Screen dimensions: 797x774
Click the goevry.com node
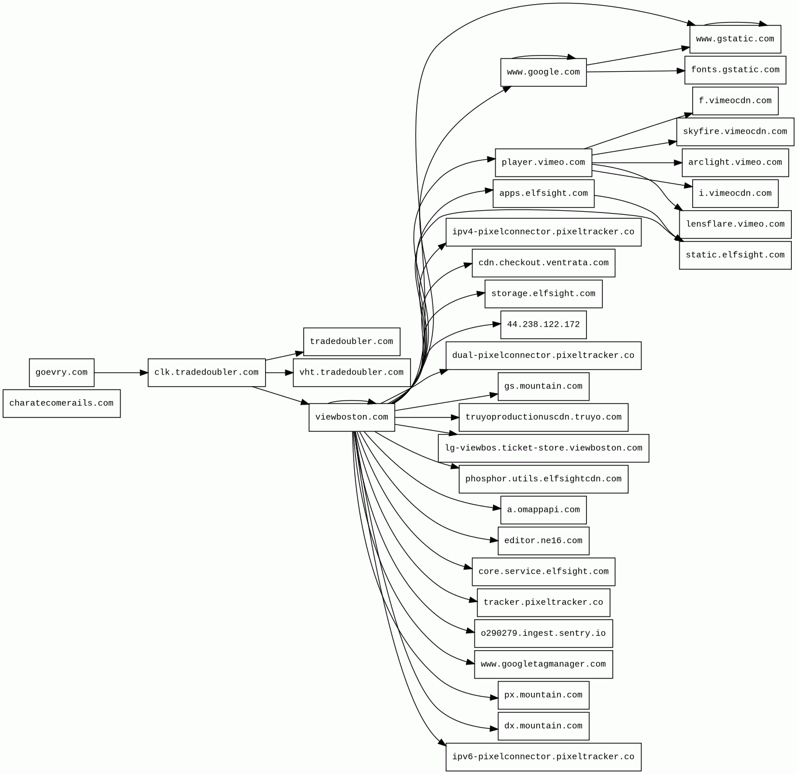(61, 372)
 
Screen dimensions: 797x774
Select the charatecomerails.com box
(61, 403)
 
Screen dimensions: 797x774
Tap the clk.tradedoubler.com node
(207, 372)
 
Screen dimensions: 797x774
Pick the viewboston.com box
(352, 417)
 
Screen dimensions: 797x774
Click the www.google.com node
(543, 72)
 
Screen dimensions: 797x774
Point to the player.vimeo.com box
(543, 163)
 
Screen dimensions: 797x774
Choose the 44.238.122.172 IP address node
(543, 325)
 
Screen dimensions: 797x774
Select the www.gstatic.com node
(735, 39)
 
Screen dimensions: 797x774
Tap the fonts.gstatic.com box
(735, 70)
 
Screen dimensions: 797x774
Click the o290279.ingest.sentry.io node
(543, 633)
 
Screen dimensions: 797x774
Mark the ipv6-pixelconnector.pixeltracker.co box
(543, 757)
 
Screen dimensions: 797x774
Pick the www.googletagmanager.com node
(543, 664)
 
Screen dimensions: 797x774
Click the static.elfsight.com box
(735, 255)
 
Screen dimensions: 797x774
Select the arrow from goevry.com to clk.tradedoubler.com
(121, 372)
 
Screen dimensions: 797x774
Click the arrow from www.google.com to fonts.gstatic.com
(636, 71)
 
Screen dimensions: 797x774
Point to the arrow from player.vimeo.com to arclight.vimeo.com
(637, 163)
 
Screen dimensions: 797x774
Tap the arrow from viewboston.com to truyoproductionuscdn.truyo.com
(427, 417)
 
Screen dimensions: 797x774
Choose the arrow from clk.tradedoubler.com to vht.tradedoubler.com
(280, 372)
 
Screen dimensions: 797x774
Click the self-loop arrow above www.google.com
(543, 56)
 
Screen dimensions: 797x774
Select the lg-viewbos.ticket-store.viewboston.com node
(543, 448)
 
